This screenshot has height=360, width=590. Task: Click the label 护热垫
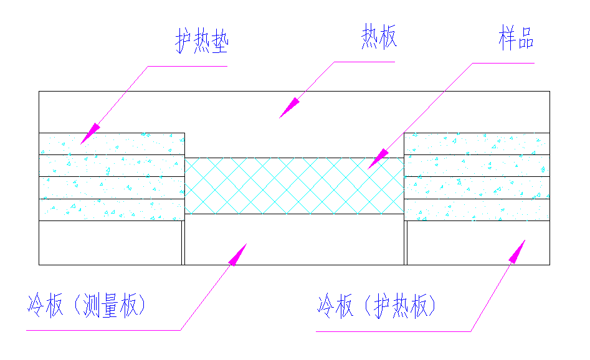tap(202, 42)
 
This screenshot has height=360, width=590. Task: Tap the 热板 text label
tap(379, 38)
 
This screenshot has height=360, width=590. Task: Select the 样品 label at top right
tap(516, 39)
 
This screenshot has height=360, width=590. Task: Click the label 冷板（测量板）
tap(87, 306)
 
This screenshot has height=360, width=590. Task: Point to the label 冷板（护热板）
tap(377, 306)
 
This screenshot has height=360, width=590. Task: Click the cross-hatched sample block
tap(294, 186)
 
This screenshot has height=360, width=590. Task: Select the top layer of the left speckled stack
tap(112, 144)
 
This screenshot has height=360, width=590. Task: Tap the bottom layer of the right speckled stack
tap(477, 210)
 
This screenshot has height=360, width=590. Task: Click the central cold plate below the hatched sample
tap(294, 240)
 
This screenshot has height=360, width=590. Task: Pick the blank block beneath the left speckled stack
tap(110, 243)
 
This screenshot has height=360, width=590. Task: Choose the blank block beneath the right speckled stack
tap(478, 243)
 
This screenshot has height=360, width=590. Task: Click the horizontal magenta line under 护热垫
tap(187, 66)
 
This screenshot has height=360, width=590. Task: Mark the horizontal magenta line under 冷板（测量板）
tap(103, 330)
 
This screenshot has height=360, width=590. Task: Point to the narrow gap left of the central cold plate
tap(183, 243)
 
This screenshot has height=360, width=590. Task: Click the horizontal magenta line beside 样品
tap(503, 63)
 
